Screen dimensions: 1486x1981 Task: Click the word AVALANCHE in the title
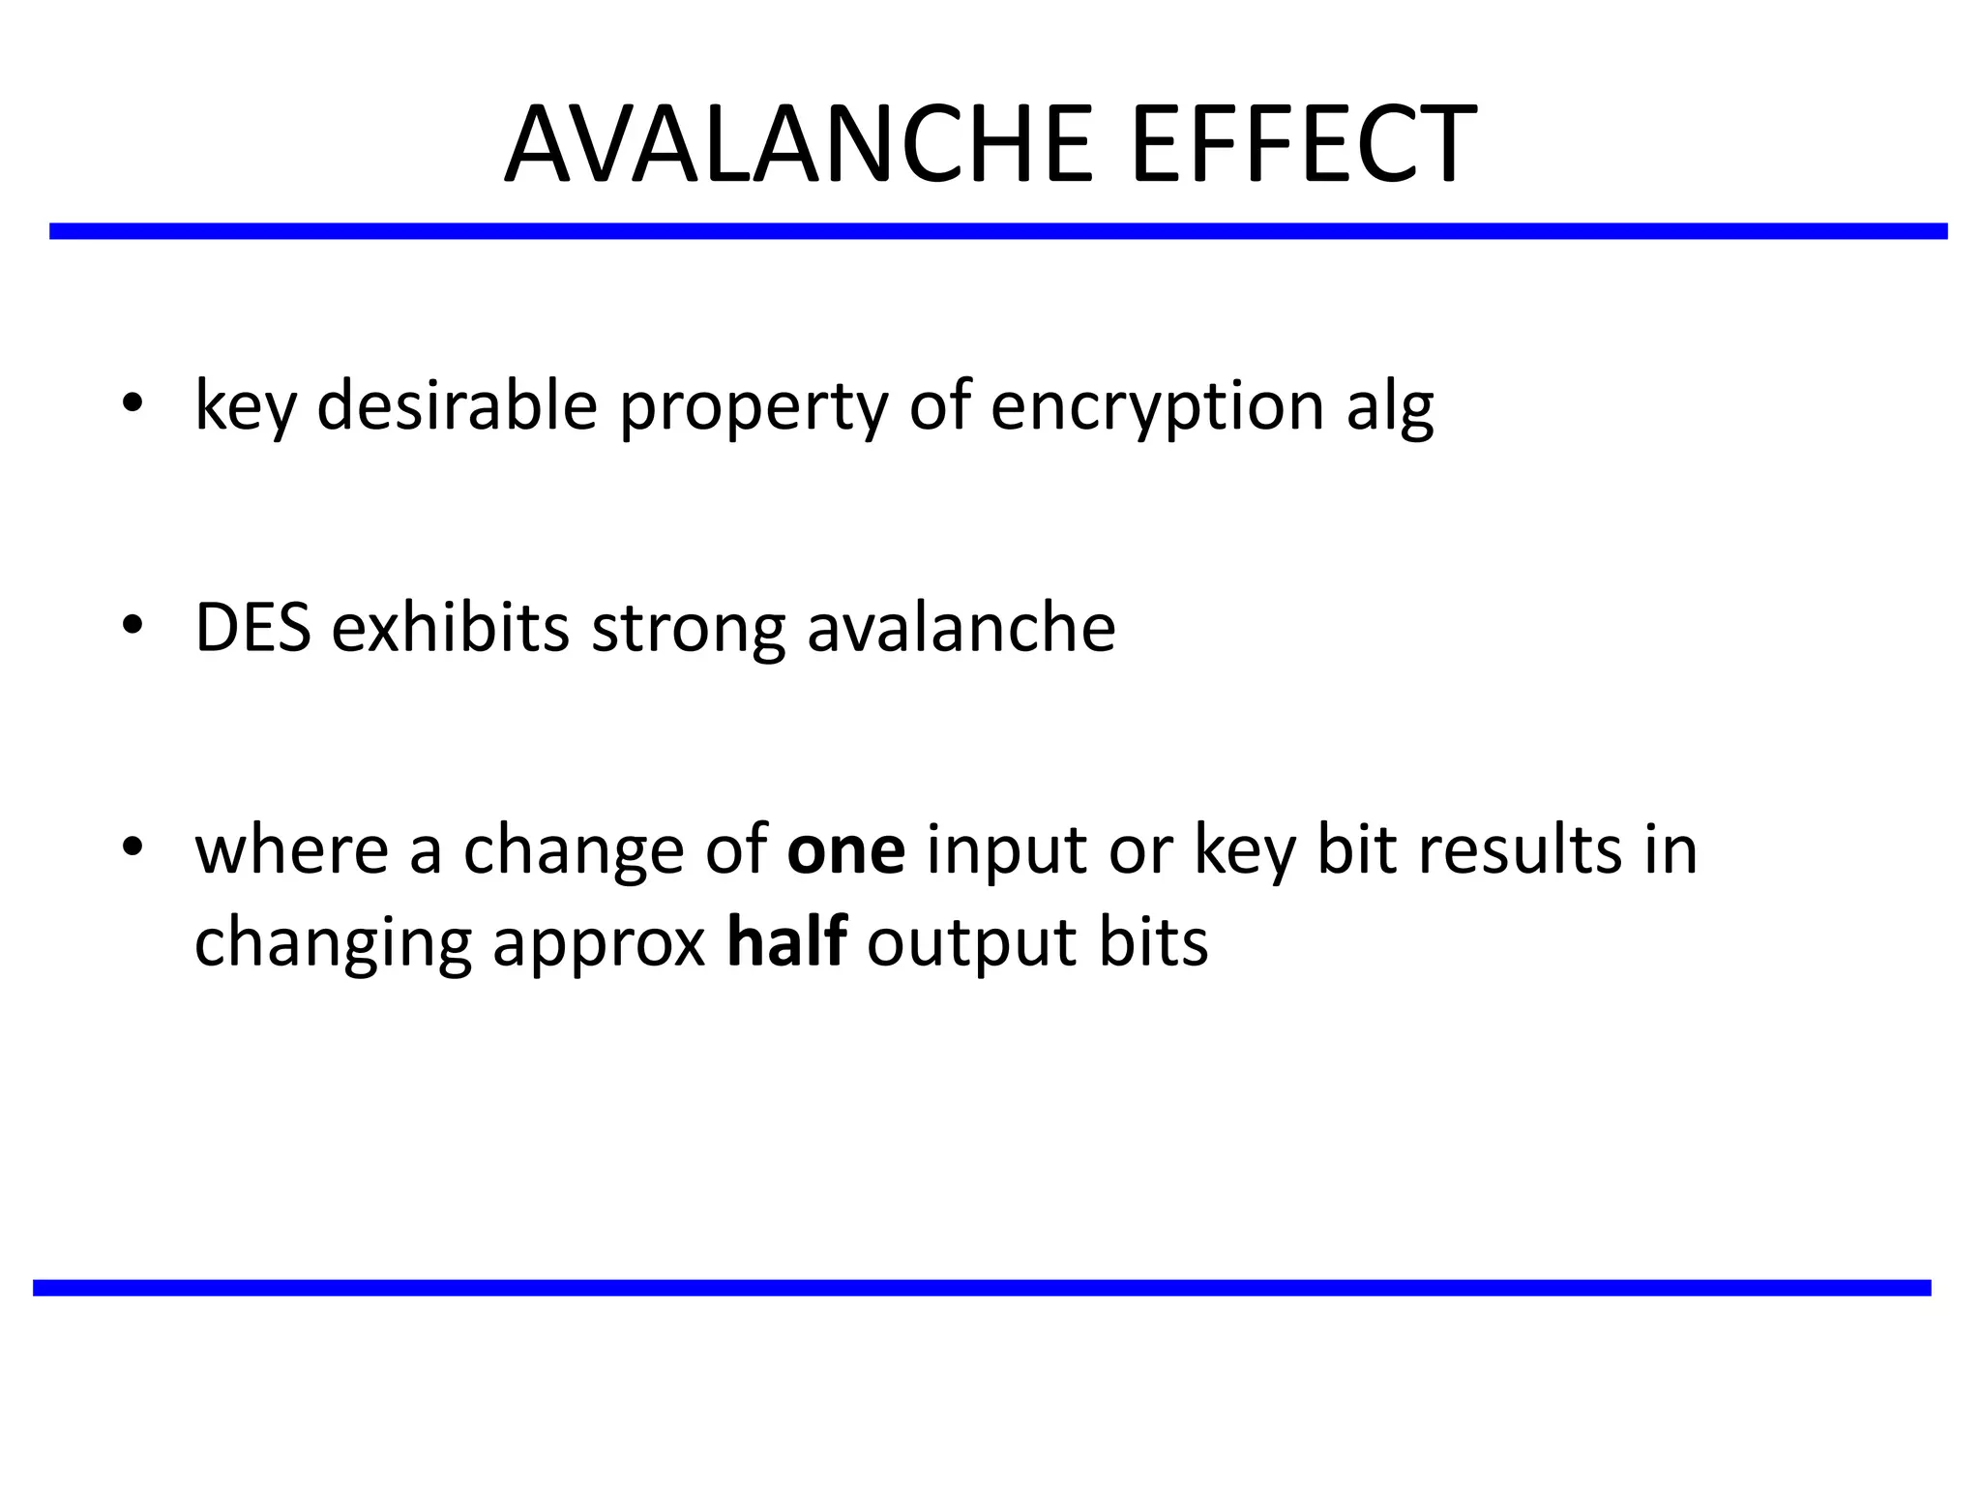798,145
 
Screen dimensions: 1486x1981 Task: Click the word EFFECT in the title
1303,145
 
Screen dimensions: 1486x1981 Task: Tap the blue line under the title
998,231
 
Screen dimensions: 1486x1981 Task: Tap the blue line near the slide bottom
982,1288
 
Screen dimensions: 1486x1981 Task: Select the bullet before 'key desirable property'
133,404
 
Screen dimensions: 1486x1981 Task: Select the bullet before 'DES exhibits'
133,626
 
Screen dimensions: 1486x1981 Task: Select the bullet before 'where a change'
133,847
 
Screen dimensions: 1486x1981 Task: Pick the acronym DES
252,628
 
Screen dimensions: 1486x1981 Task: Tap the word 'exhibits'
450,628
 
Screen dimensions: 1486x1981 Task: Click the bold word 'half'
786,941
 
